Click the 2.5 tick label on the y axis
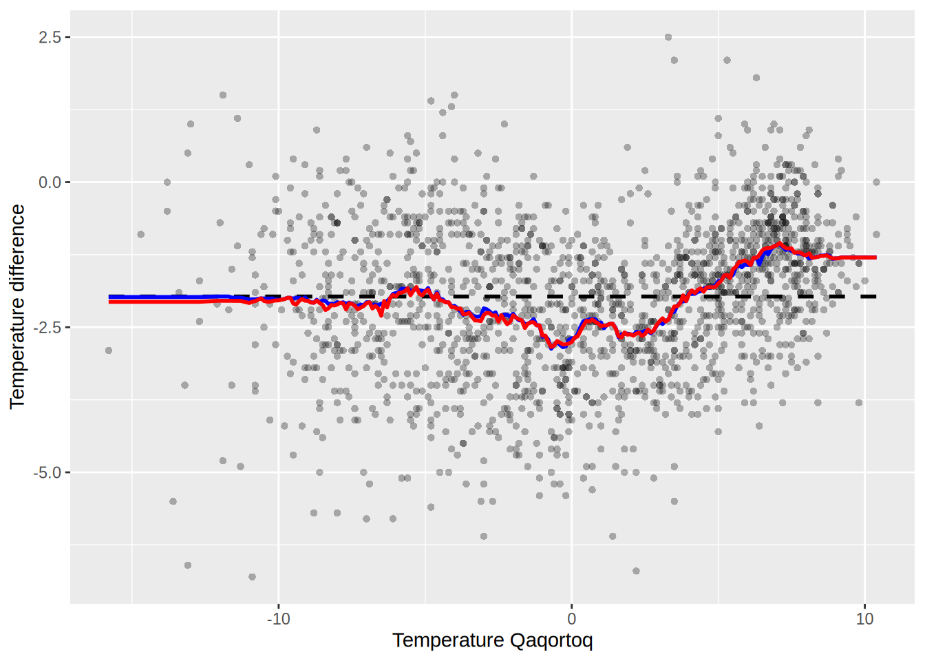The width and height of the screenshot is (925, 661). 49,37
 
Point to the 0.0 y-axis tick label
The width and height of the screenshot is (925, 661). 49,182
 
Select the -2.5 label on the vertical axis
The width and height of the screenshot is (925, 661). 47,328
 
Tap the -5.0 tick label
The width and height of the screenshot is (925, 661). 47,473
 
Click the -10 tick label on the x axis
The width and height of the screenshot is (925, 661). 278,618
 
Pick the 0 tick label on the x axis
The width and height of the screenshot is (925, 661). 571,618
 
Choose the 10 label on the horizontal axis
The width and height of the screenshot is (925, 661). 864,618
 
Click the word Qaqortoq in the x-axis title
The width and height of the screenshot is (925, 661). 551,641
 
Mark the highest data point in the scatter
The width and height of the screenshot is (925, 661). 668,37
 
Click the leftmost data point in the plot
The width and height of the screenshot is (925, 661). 109,350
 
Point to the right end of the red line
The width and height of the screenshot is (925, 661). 875,258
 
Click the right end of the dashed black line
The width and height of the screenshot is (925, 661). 875,297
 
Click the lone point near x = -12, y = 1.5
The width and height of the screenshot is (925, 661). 223,95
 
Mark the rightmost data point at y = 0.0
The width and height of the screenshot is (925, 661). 876,182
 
